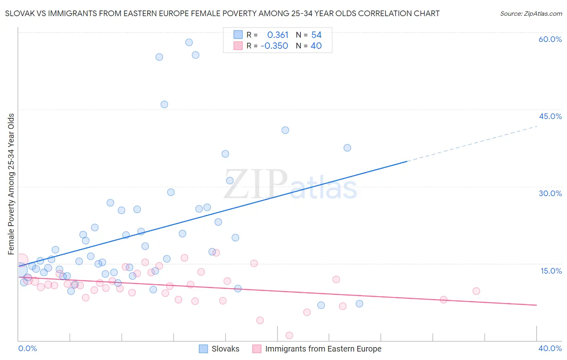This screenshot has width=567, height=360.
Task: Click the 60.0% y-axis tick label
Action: (550, 39)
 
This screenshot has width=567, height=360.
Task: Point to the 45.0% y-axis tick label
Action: (550, 116)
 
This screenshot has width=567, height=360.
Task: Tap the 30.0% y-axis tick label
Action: (550, 193)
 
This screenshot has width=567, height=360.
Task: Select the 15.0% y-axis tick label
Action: (551, 271)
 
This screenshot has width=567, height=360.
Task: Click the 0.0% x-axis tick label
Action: (27, 348)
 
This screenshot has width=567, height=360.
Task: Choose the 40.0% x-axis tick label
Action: (550, 348)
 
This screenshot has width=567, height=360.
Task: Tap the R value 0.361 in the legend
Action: (277, 35)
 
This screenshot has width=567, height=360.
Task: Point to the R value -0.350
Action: (274, 46)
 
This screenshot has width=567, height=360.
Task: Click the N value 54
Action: (316, 35)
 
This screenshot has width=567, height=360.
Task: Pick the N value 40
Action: (316, 46)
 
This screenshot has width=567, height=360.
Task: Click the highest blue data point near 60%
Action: (189, 42)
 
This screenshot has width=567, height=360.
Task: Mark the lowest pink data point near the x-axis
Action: (289, 335)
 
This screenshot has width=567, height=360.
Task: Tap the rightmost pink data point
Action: (476, 291)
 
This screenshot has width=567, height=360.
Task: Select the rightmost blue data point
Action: (359, 303)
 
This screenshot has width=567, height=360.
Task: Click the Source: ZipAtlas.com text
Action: (531, 14)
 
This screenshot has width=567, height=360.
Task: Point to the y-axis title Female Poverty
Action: (11, 184)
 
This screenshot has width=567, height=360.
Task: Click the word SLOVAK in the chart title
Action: (20, 14)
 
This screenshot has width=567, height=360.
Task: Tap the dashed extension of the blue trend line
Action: (472, 144)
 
